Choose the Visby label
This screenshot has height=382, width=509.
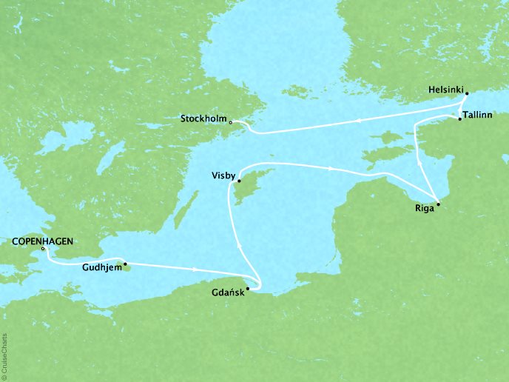tap(223, 176)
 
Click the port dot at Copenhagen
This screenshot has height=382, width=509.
tap(43, 249)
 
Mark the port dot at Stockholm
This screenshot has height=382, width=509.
tap(231, 122)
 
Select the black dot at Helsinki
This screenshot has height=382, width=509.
tap(467, 94)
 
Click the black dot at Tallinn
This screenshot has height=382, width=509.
tap(460, 118)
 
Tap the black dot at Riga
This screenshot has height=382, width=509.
tap(438, 204)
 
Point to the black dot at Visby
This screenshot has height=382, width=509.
tap(239, 181)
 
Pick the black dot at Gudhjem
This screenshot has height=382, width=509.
tap(125, 264)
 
